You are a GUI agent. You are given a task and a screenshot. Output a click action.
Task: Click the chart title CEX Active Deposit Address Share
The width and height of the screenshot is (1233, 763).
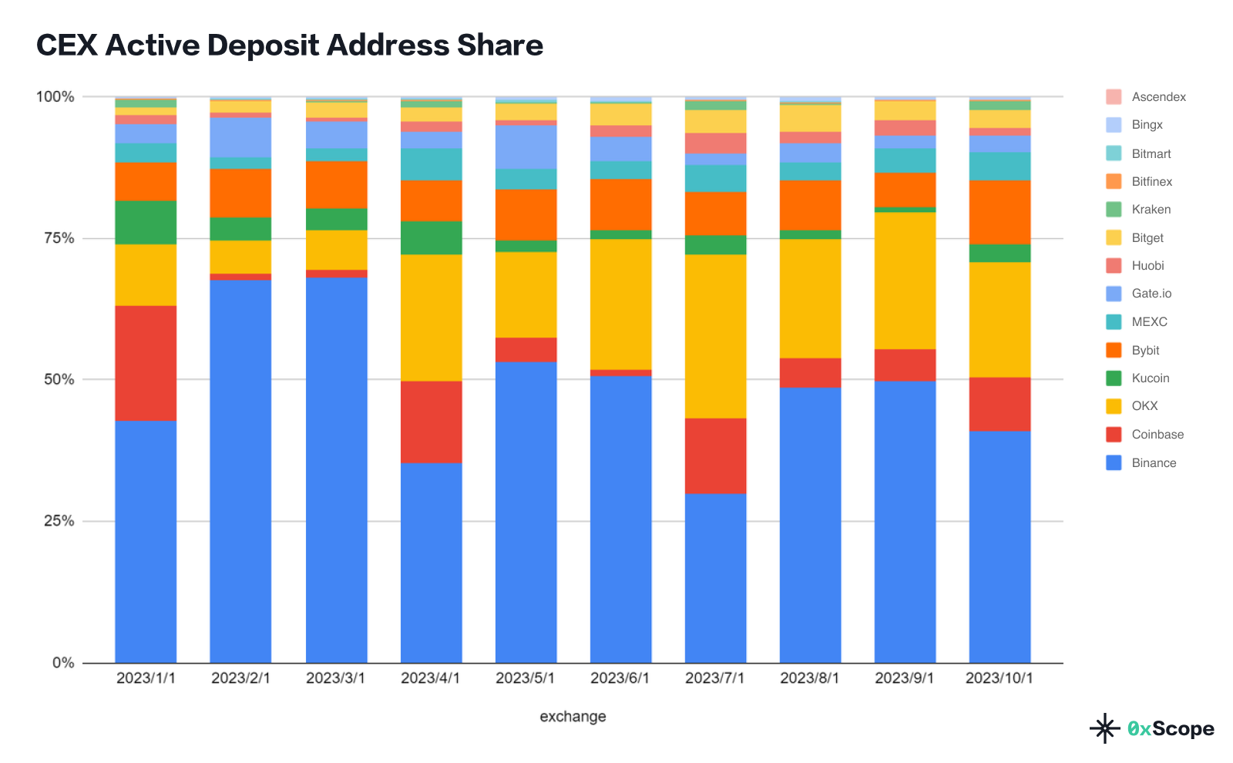(x=290, y=45)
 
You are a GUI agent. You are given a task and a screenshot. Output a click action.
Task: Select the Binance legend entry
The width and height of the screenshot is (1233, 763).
(x=1154, y=462)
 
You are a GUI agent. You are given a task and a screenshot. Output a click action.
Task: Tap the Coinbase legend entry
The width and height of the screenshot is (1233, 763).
(x=1157, y=434)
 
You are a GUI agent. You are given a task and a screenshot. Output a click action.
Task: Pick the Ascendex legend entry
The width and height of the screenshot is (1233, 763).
(x=1158, y=96)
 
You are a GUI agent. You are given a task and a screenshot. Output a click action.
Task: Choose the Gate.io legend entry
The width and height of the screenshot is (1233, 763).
(x=1151, y=293)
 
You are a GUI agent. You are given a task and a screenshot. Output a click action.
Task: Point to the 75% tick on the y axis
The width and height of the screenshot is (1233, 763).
(x=59, y=238)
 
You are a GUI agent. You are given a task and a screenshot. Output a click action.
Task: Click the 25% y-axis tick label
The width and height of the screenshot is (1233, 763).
(x=59, y=521)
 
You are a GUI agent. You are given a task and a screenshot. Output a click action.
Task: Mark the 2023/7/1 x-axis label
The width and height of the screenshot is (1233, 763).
(x=715, y=678)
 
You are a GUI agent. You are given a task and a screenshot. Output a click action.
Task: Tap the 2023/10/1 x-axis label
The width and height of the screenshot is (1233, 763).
(x=1000, y=678)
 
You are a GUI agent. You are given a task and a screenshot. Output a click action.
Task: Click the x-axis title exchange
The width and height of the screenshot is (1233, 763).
(x=573, y=716)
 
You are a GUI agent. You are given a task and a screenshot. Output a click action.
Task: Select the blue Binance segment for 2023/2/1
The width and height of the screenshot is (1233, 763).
(x=240, y=470)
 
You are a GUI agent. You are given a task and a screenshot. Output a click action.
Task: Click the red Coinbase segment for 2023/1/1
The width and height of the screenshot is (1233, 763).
(x=146, y=363)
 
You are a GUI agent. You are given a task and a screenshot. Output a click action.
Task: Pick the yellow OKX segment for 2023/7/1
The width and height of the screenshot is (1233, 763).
(x=715, y=336)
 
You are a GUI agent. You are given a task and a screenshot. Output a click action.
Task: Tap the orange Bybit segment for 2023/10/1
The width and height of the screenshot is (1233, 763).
(x=1000, y=212)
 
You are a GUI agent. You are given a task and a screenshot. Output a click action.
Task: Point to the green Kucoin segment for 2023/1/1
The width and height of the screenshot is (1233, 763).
(x=146, y=222)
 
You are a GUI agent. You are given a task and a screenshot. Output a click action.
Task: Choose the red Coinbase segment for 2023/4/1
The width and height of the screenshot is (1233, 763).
(x=431, y=422)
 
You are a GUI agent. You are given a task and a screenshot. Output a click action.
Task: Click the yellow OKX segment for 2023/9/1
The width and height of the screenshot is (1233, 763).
(x=905, y=281)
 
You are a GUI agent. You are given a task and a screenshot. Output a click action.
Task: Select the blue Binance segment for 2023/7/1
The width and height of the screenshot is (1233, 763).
(x=715, y=578)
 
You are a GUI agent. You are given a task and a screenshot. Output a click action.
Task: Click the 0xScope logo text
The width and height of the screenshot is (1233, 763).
(x=1170, y=728)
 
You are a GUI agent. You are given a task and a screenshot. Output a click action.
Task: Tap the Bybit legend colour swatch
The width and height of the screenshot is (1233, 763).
(x=1114, y=350)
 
